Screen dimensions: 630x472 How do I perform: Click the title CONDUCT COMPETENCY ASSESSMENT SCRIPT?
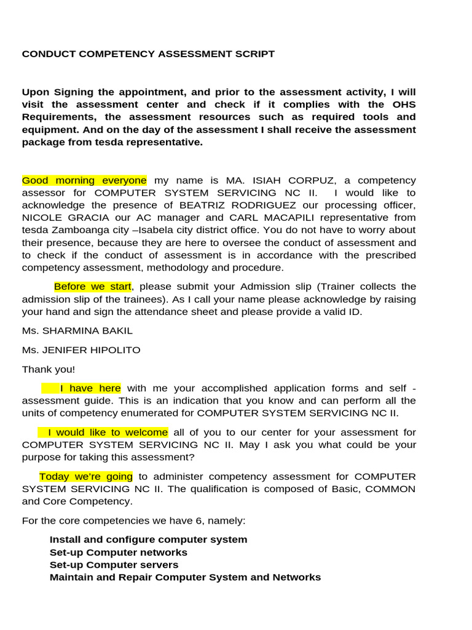click(148, 54)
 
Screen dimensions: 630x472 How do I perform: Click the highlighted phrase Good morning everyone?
click(84, 180)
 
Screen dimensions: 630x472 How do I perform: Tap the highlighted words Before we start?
click(93, 287)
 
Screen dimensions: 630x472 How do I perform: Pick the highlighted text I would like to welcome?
click(103, 432)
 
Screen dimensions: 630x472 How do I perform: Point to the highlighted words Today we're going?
click(86, 476)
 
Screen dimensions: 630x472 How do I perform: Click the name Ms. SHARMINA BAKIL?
click(77, 330)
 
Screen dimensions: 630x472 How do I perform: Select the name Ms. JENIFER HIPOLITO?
click(81, 350)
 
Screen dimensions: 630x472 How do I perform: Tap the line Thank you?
click(49, 369)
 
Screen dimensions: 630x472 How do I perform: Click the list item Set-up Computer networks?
click(119, 552)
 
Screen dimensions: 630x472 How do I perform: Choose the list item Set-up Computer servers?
click(114, 565)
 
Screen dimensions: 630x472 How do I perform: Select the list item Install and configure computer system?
click(148, 540)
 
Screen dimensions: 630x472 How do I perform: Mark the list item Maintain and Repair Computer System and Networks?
click(185, 577)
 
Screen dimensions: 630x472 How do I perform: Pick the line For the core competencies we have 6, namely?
click(133, 520)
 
